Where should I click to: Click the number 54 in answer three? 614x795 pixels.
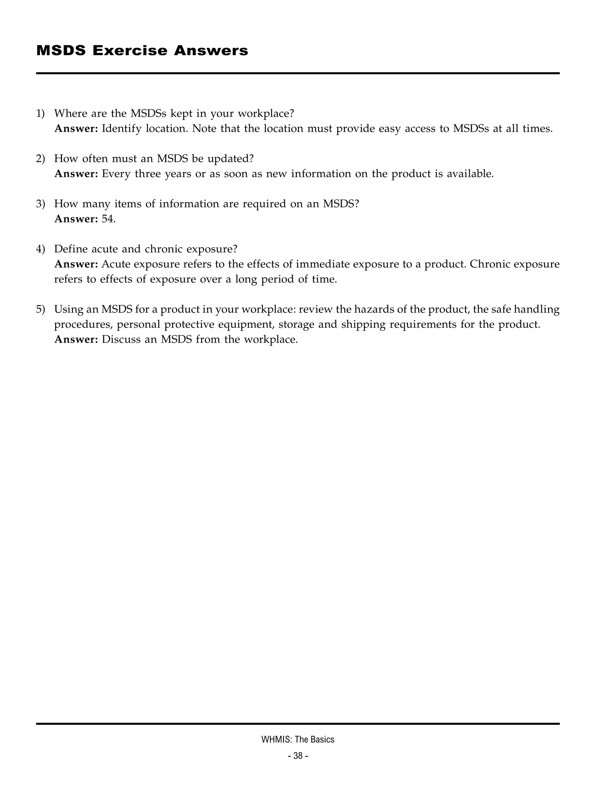[108, 219]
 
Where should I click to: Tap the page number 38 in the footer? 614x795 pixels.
[298, 756]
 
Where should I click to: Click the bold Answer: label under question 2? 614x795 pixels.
[76, 174]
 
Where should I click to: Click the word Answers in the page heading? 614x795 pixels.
[211, 51]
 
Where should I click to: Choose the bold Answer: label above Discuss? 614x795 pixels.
[76, 340]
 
